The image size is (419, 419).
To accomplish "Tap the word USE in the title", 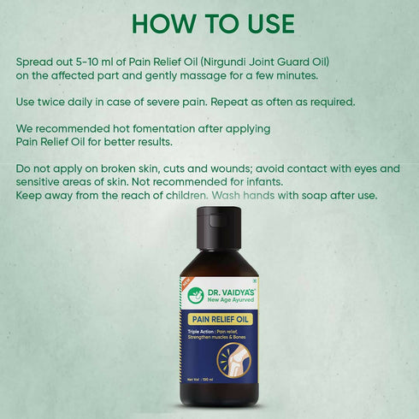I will coord(261,25).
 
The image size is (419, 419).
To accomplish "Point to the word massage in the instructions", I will coord(188,75).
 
